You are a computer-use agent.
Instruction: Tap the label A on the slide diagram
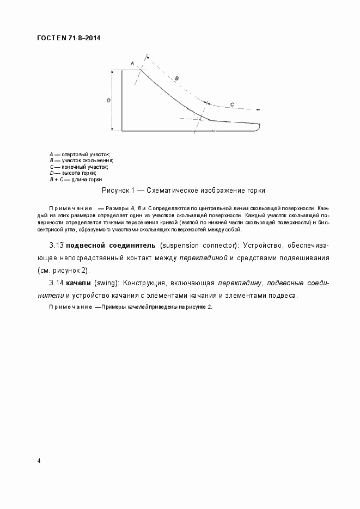pyautogui.click(x=132, y=64)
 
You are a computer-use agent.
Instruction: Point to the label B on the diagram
pyautogui.click(x=176, y=79)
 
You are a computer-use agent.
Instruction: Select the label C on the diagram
pyautogui.click(x=231, y=104)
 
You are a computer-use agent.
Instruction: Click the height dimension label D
pyautogui.click(x=108, y=101)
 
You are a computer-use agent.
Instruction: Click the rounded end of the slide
pyautogui.click(x=258, y=127)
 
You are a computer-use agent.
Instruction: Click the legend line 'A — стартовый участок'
pyautogui.click(x=80, y=155)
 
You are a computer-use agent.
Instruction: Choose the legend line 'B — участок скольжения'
pyautogui.click(x=81, y=161)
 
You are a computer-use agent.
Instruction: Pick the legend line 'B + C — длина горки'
pyautogui.click(x=76, y=179)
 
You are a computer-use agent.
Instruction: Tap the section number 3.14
pyautogui.click(x=57, y=283)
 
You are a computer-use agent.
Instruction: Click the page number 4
pyautogui.click(x=39, y=461)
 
